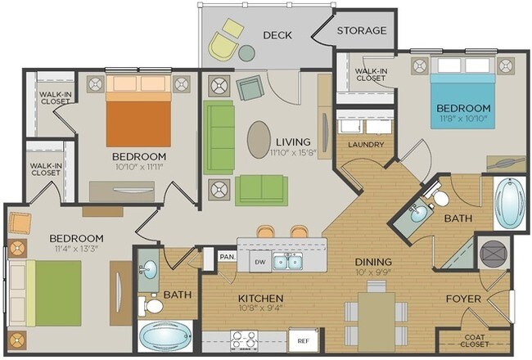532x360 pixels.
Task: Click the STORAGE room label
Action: [x=361, y=30]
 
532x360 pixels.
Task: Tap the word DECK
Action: [x=278, y=34]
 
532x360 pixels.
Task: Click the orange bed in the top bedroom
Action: [x=138, y=118]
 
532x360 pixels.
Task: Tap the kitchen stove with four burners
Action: [x=242, y=339]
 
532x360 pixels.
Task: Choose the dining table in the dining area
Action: [x=375, y=313]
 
